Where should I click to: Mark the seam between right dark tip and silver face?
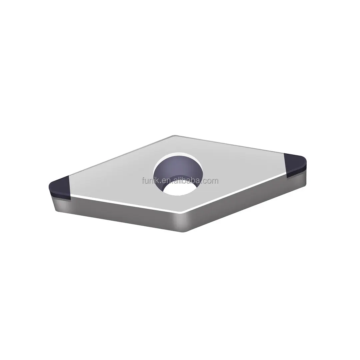click(x=285, y=165)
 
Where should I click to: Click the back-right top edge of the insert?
click(x=230, y=145)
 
